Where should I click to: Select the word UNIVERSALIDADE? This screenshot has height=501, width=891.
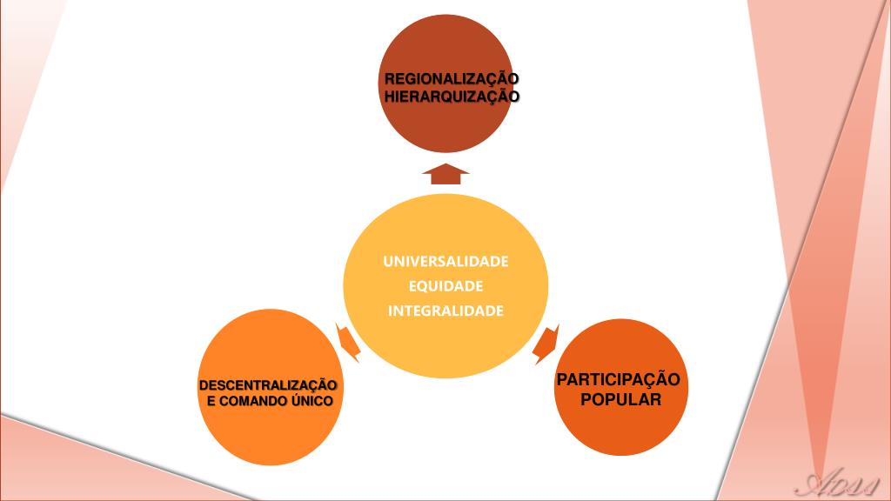coord(445,261)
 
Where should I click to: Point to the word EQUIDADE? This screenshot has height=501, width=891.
coord(445,286)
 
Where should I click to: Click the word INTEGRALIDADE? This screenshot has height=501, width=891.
coord(445,311)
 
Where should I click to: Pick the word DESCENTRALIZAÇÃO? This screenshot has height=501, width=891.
coord(268,384)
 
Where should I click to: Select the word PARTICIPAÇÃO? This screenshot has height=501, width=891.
coord(618,380)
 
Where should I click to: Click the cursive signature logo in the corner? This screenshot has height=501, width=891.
coord(840,484)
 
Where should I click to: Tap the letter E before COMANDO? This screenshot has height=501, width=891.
coord(211,400)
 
